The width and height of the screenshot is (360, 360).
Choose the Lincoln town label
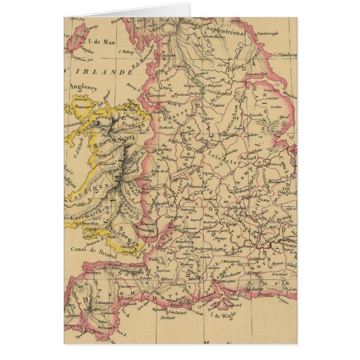pos(255,114)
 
